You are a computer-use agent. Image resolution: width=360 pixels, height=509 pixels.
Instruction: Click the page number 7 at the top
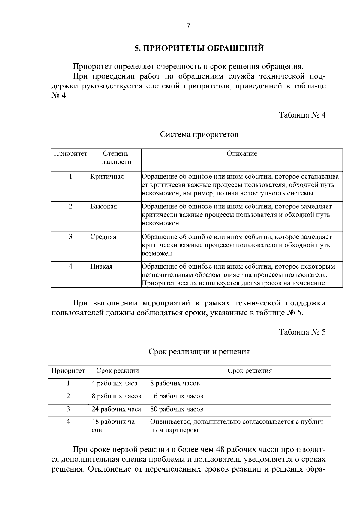(x=188, y=26)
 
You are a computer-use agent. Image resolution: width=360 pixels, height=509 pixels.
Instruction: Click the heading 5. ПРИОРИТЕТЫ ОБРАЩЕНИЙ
(x=199, y=48)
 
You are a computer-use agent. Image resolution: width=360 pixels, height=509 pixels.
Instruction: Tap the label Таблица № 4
(x=302, y=115)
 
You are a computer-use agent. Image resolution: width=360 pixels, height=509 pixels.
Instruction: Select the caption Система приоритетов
(x=199, y=134)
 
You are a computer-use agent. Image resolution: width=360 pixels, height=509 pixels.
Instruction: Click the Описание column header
(x=242, y=154)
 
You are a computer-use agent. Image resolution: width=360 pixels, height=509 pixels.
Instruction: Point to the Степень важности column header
(x=116, y=158)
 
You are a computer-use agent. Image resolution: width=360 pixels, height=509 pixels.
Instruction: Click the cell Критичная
(x=107, y=177)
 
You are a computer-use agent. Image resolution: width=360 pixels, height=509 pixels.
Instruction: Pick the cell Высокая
(x=104, y=207)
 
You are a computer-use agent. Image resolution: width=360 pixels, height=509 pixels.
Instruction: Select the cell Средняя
(x=103, y=237)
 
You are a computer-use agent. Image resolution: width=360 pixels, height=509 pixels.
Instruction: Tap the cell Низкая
(x=102, y=266)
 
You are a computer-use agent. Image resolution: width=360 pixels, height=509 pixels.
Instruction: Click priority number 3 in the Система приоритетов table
(x=70, y=237)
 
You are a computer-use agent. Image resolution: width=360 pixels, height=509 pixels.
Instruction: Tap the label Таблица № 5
(x=302, y=332)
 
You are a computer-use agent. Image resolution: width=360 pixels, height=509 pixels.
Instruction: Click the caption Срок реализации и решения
(x=199, y=351)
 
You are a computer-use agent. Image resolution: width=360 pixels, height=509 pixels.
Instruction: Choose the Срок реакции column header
(x=118, y=371)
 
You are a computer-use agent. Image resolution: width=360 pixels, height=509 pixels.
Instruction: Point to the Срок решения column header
(x=250, y=371)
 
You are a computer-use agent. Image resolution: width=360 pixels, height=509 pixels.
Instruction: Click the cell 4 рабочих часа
(x=115, y=384)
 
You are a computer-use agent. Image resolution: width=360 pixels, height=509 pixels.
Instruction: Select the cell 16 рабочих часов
(x=177, y=397)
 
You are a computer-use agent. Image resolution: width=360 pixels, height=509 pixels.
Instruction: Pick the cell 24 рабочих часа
(x=116, y=409)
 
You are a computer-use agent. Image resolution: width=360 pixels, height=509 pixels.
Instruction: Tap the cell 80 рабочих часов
(x=177, y=409)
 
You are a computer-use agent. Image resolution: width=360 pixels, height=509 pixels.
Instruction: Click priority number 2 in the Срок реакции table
(x=68, y=397)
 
